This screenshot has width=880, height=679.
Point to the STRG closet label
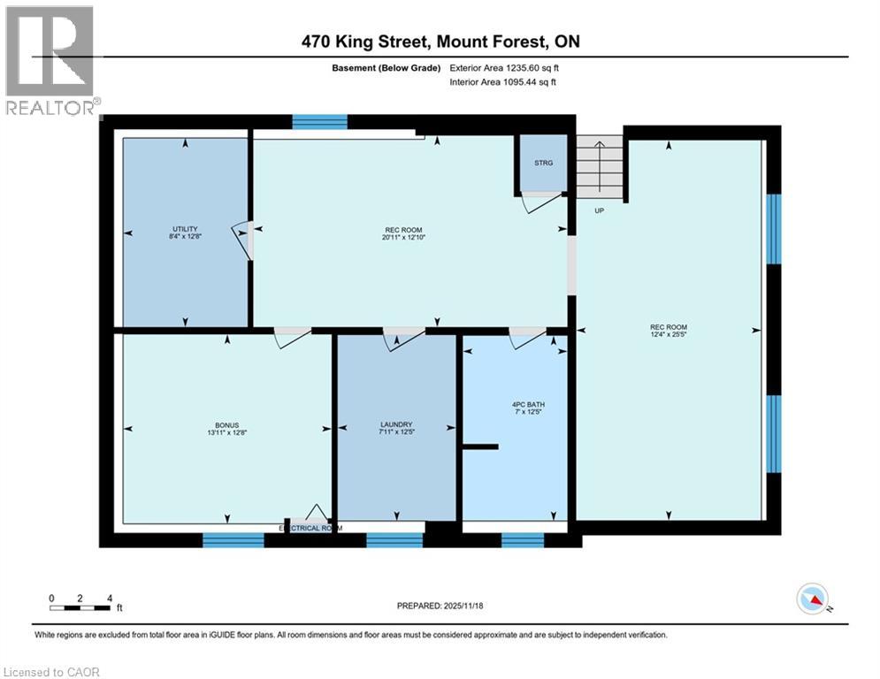coord(543,163)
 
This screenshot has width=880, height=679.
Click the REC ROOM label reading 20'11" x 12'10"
coord(402,230)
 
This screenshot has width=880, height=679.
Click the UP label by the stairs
coord(599,210)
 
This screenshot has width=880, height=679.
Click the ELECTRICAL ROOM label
coord(310,528)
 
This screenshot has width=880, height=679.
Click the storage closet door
coord(539,202)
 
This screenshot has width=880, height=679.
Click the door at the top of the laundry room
coord(402,337)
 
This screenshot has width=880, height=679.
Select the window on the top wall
coord(319,122)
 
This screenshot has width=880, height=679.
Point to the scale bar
coord(80,607)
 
